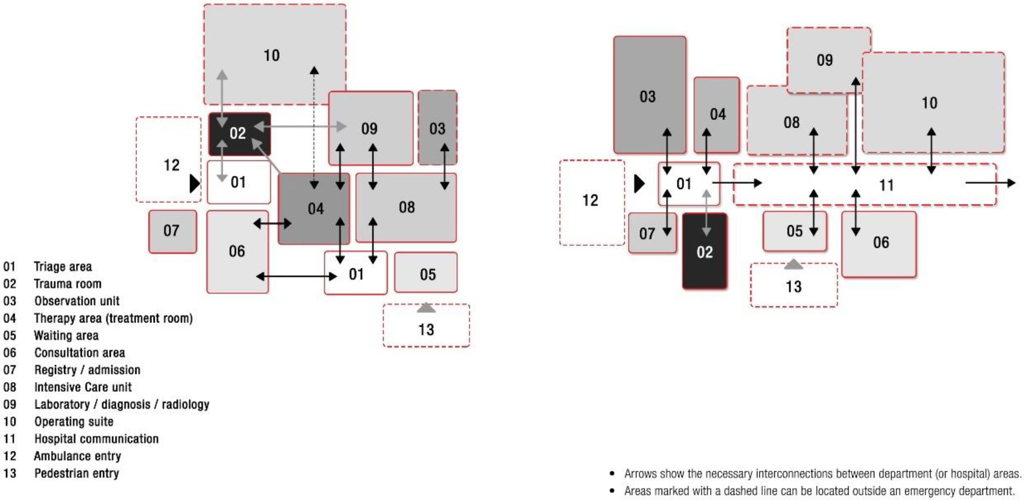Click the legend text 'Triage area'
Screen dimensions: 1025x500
(62, 266)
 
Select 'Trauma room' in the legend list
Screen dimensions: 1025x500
(67, 284)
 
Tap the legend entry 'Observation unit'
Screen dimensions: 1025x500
(76, 301)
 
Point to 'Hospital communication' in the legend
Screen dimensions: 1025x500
(96, 439)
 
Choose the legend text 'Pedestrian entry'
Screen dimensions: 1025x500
(76, 473)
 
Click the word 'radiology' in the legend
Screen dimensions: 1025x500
(186, 404)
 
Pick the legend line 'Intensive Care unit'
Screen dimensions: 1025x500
(83, 387)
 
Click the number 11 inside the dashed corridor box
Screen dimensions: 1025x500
(886, 185)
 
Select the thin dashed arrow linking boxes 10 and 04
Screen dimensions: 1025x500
(314, 127)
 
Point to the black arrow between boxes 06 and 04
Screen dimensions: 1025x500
(273, 224)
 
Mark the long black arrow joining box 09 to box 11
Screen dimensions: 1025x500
(856, 126)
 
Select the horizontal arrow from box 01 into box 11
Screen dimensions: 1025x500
(737, 183)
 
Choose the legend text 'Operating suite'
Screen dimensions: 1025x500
(74, 422)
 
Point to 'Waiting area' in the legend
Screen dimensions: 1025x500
(66, 335)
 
